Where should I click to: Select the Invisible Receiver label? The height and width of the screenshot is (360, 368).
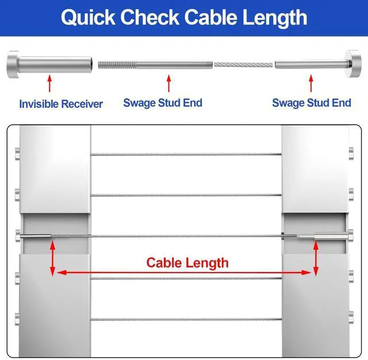61,104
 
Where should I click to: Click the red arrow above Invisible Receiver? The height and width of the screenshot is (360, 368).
49,83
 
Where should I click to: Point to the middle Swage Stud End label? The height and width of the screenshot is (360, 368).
163,103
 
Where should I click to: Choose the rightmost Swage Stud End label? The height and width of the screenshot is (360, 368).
311,103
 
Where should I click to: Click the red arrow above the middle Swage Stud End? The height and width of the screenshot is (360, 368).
168,83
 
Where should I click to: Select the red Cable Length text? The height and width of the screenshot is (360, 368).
187,263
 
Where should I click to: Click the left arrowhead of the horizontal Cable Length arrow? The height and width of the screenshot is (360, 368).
59,272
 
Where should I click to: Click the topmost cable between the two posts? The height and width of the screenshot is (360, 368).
186,154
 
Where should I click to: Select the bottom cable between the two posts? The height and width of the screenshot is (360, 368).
186,319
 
